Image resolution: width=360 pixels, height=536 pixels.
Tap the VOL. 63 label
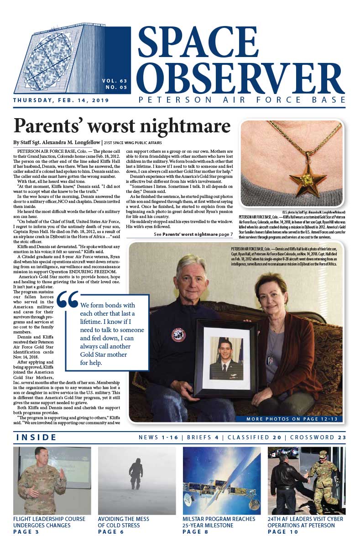tap(115, 81)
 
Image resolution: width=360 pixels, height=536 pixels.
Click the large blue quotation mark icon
tap(68, 299)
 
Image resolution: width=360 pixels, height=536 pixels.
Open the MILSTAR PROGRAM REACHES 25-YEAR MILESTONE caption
tap(219, 522)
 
